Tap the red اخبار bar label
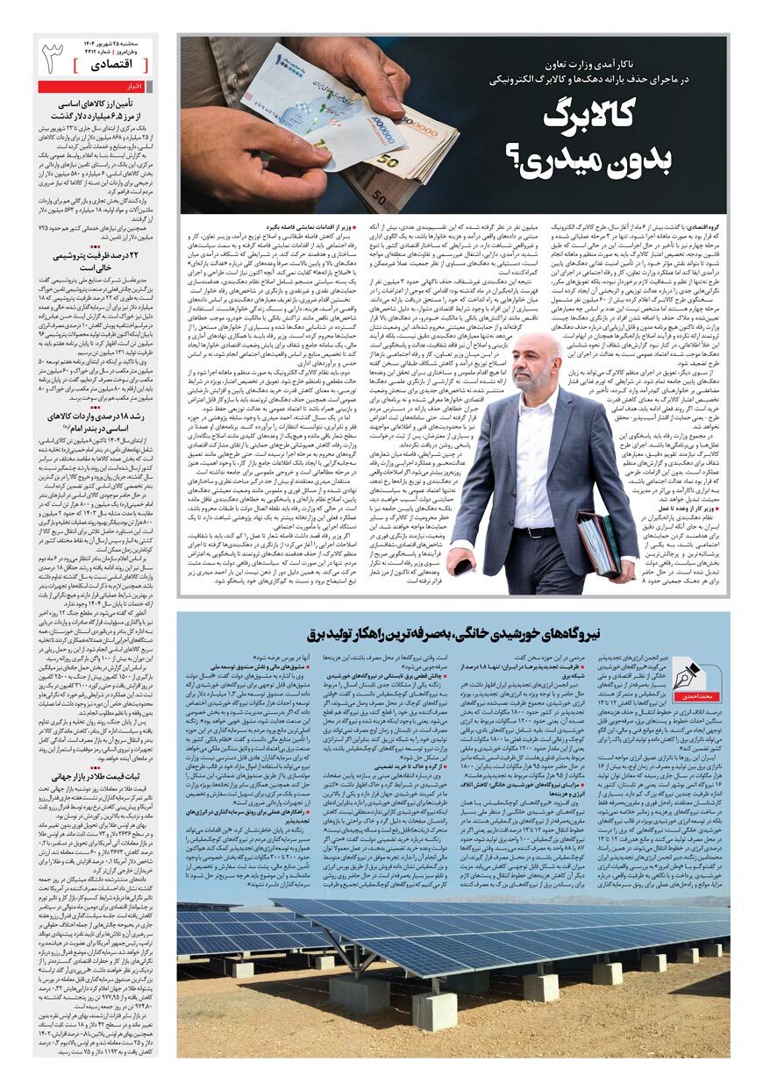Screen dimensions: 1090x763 (135, 87)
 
